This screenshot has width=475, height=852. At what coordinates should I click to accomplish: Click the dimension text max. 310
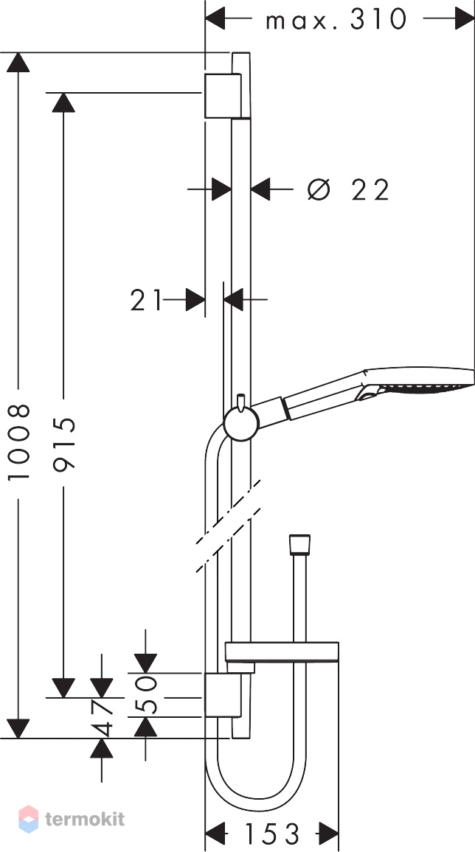tap(336, 19)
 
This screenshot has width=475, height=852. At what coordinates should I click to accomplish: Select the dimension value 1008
tap(20, 442)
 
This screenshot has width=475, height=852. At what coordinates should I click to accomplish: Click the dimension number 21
tap(146, 300)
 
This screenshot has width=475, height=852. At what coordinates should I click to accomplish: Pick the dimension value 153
tap(272, 835)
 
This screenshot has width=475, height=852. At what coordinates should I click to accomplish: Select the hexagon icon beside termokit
tap(28, 818)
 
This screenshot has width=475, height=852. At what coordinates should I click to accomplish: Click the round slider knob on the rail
tap(240, 425)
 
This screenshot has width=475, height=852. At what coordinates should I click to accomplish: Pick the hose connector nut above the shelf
tap(299, 544)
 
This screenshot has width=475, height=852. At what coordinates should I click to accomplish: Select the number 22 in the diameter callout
tap(370, 190)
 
